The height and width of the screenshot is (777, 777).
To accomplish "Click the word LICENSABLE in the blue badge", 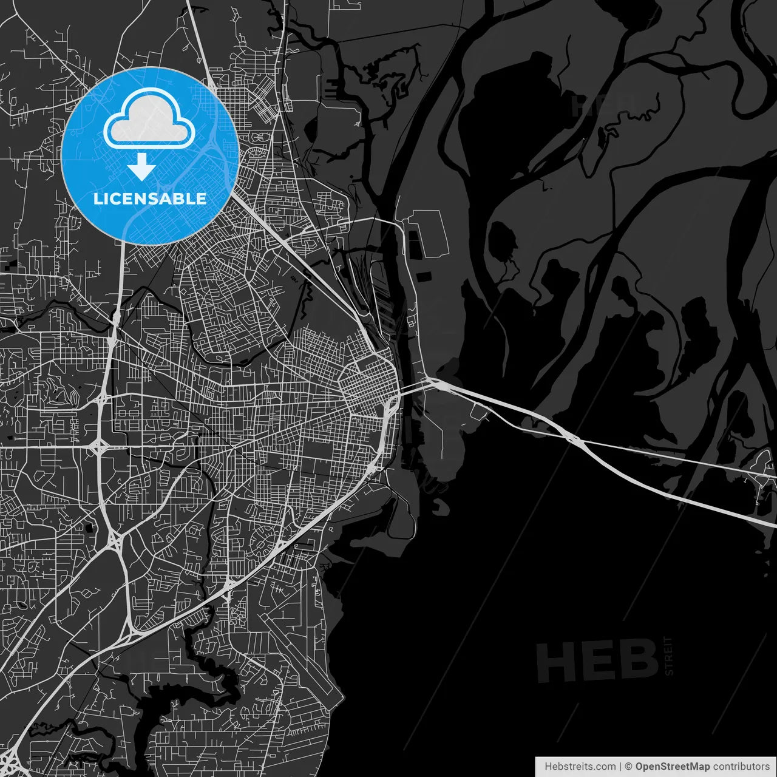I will pyautogui.click(x=150, y=198).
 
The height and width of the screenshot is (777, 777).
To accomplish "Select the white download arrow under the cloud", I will pyautogui.click(x=142, y=166).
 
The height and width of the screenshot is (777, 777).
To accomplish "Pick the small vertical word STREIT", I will pyautogui.click(x=668, y=656).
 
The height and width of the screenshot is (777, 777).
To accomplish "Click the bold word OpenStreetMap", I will pyautogui.click(x=672, y=767).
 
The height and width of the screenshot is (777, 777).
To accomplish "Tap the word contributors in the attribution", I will pyautogui.click(x=741, y=767).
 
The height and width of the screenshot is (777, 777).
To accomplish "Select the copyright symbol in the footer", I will pyautogui.click(x=629, y=767).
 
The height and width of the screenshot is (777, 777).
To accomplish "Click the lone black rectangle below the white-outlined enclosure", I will pyautogui.click(x=423, y=277).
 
